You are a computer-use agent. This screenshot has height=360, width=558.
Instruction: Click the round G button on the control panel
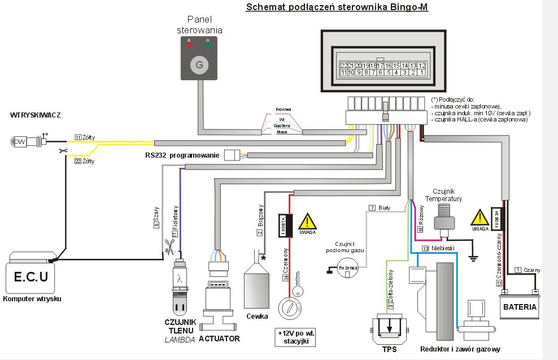(199, 65)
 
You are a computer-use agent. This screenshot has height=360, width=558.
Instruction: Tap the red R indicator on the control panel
(189, 45)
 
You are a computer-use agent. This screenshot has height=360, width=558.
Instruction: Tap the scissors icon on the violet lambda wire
(169, 246)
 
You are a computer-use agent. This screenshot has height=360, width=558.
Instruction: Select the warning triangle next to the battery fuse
(480, 218)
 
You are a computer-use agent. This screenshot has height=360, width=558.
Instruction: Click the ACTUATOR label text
(220, 339)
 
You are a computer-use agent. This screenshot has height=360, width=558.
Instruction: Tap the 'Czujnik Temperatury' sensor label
(448, 196)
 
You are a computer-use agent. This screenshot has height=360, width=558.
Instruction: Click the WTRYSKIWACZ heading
(35, 115)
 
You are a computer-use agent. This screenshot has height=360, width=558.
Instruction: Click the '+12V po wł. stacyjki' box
(295, 337)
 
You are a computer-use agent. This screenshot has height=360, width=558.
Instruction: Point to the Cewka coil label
(257, 316)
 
